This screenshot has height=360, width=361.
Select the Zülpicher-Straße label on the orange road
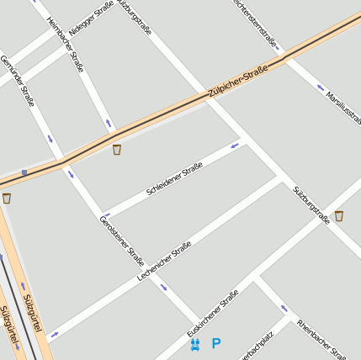coord(237,82)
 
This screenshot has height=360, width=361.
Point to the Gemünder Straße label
coord(17,81)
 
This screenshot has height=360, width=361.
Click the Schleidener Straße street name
coord(174,179)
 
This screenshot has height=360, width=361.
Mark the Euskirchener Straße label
coord(213,313)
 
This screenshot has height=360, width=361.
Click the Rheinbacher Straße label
coord(321,337)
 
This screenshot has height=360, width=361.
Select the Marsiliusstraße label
coord(342,106)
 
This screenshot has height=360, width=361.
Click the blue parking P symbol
coord(216,343)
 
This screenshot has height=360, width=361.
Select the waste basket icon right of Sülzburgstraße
coord(338,216)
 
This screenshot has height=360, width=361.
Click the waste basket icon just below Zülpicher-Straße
coord(116,150)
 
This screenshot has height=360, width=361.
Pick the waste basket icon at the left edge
coord(7,199)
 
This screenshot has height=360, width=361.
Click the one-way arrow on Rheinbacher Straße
coord(284,308)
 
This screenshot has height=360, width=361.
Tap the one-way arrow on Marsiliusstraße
coord(321,87)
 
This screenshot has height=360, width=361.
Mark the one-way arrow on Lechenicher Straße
coord(55,334)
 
